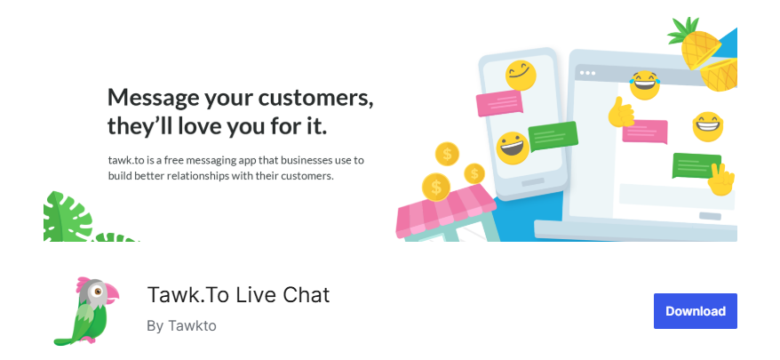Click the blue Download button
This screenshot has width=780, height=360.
click(x=695, y=311)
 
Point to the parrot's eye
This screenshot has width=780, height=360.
click(x=98, y=292)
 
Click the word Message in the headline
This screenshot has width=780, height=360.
click(x=152, y=98)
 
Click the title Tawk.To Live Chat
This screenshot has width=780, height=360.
click(x=238, y=295)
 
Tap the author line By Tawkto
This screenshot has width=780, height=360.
click(x=181, y=326)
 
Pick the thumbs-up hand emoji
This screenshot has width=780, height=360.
click(x=620, y=113)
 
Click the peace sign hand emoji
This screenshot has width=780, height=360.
click(x=720, y=180)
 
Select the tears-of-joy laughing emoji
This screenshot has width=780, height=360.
click(x=644, y=85)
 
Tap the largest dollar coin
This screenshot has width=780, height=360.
click(x=436, y=188)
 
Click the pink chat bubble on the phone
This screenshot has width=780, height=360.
click(x=499, y=103)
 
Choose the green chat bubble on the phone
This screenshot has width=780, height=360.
click(x=553, y=136)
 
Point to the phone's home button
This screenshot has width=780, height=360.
click(x=533, y=182)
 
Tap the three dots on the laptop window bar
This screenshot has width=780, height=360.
click(x=587, y=73)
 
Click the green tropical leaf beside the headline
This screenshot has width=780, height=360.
click(x=68, y=217)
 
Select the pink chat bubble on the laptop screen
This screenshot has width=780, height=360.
click(x=645, y=132)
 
